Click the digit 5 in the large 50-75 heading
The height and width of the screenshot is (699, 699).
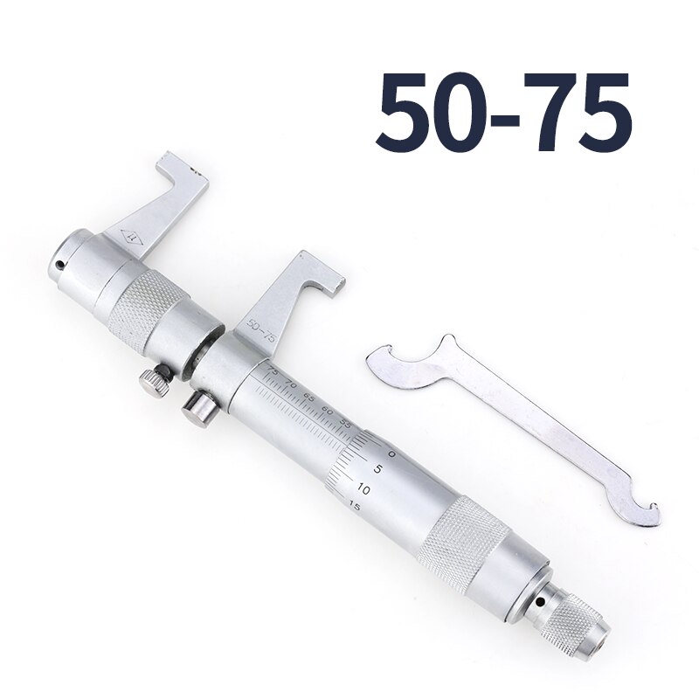click(409, 112)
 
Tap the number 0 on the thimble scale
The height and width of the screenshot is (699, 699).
click(391, 455)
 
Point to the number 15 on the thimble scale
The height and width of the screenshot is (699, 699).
click(353, 505)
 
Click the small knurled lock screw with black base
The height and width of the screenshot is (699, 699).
click(154, 382)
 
